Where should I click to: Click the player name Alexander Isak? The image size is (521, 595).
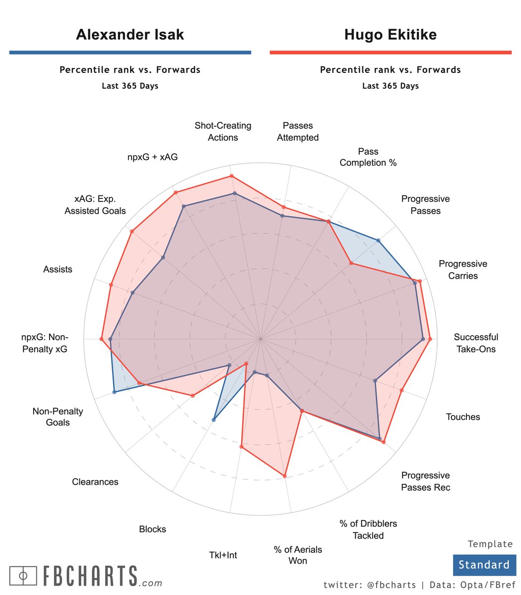click(130, 35)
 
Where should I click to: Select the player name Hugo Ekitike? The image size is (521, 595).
click(391, 35)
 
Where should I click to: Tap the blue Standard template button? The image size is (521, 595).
click(484, 565)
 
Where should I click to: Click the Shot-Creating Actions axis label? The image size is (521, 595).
click(223, 131)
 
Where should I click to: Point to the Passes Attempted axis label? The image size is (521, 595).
click(298, 131)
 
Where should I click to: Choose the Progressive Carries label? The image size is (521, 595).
click(463, 270)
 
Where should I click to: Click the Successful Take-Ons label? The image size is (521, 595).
click(476, 343)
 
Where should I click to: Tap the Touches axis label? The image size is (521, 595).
click(463, 417)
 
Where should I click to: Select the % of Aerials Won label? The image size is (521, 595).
click(298, 555)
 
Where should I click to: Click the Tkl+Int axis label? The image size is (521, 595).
click(223, 555)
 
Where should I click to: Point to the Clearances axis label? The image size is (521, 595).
click(95, 482)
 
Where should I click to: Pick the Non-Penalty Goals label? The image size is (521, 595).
click(58, 416)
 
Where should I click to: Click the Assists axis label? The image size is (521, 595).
click(58, 269)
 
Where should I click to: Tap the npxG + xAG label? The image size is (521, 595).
click(152, 157)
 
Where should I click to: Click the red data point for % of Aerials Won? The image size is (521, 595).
click(285, 476)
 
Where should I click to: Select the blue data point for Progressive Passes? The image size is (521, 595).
click(379, 240)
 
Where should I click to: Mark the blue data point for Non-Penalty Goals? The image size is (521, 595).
click(114, 392)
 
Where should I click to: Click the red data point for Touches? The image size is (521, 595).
click(401, 391)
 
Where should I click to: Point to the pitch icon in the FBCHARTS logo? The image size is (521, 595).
click(23, 575)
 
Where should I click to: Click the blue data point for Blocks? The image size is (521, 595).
click(214, 420)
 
